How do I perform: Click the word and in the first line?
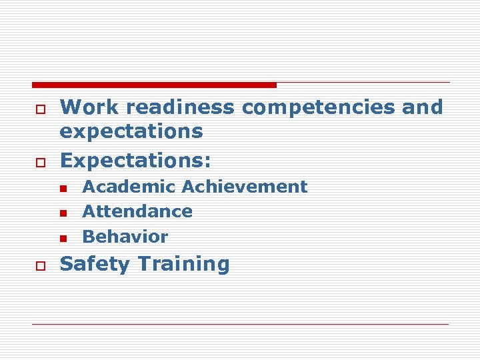coord(422,107)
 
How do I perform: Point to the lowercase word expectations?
coord(131,132)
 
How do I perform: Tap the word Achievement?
coord(245,187)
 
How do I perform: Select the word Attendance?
coord(137,211)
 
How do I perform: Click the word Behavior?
coord(125,236)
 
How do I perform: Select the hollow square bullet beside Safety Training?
coord(40,265)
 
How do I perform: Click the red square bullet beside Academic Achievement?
coord(63,189)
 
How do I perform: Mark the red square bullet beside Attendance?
coord(63,213)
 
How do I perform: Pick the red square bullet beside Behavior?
coord(63,238)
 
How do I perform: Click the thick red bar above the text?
coord(154,85)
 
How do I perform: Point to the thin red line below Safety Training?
coord(241,324)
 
